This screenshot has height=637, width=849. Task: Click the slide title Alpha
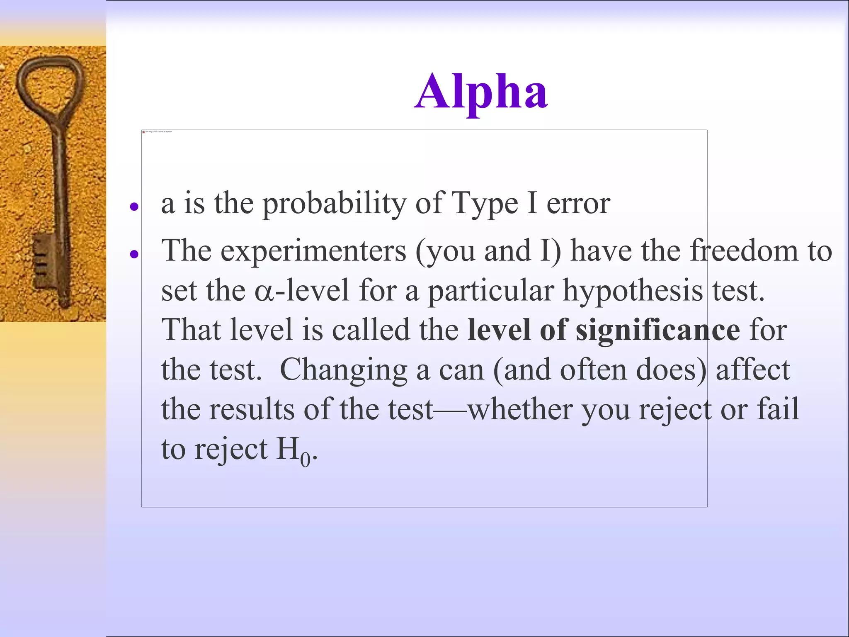coord(481,92)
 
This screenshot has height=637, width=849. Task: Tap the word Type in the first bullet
coord(484,204)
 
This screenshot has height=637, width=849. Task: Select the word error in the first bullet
coord(578,204)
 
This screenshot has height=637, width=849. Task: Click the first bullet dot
coord(133,206)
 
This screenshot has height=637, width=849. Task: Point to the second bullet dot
coord(133,253)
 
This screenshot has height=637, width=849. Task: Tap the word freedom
coord(744,251)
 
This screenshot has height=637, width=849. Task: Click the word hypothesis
coord(633,291)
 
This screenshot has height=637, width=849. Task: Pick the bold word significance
coord(657,331)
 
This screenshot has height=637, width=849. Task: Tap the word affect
coord(753,370)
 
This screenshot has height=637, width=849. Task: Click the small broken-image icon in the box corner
coord(144,132)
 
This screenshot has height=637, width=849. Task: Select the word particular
coord(491,291)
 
